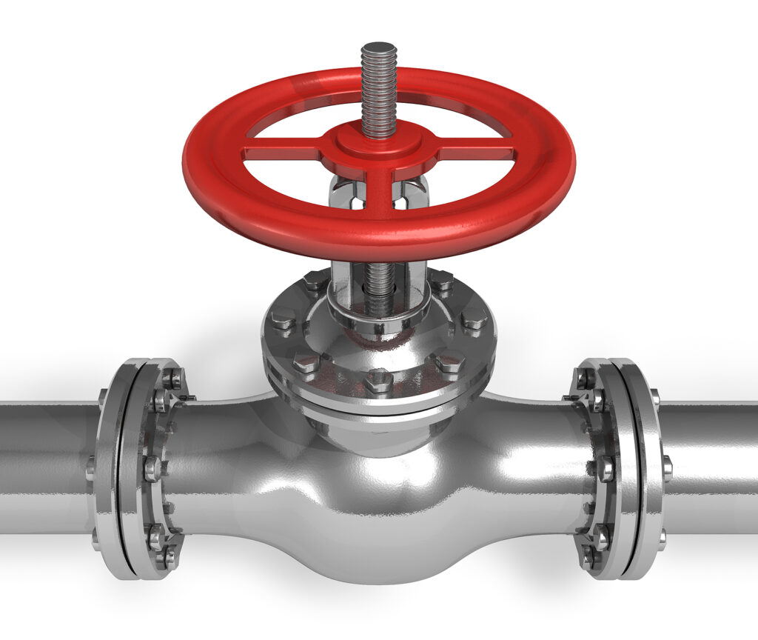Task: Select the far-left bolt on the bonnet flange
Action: pyautogui.click(x=282, y=321)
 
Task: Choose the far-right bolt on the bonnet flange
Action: pyautogui.click(x=474, y=319)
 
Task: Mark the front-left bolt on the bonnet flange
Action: pyautogui.click(x=305, y=363)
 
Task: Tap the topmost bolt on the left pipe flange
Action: pyautogui.click(x=172, y=379)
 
